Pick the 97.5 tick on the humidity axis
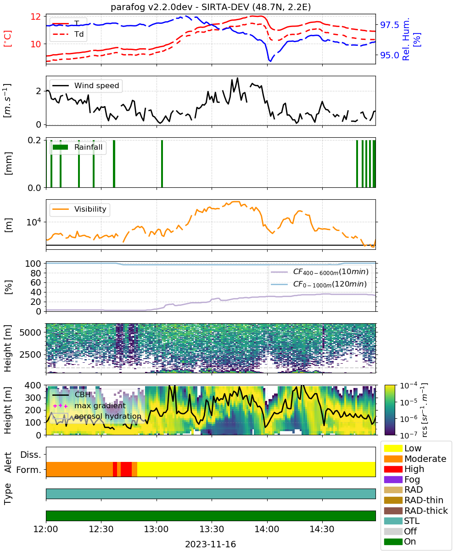point(389,25)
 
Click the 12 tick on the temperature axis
point(36,17)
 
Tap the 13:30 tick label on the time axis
point(212,529)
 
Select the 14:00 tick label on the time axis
point(267,529)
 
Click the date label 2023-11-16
point(211,544)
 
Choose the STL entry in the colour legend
point(412,521)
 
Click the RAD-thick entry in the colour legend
point(426,510)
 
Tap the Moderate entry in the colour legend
point(425,459)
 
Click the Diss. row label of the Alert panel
point(31,455)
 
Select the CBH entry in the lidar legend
point(83,394)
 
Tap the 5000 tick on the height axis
point(30,332)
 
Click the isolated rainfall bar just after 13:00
point(162,163)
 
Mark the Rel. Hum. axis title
point(406,39)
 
